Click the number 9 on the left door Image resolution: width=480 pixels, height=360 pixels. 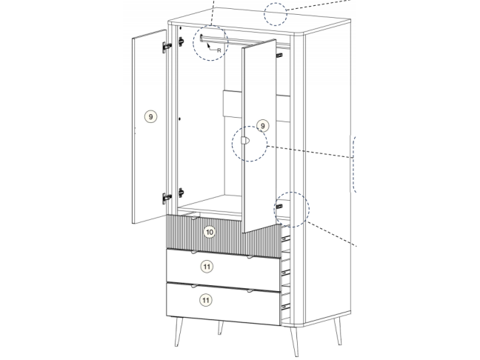coord(150,116)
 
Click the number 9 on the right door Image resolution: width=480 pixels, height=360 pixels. coord(263,126)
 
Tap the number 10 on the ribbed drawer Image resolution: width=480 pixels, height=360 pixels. coord(210,232)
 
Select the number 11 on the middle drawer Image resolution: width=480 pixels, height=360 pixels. coord(207,267)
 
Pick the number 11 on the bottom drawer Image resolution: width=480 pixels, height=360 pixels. coord(206,300)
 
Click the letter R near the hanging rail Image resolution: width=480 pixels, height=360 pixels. coord(219,50)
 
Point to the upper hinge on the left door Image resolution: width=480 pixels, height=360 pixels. coord(167,47)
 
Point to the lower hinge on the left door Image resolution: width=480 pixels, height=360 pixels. coord(167,198)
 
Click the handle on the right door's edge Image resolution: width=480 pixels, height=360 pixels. coord(245,141)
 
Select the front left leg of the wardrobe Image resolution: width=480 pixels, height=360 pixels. coord(179,332)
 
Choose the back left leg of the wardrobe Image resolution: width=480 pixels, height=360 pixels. coord(221,327)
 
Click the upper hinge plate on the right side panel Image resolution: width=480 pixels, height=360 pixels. coord(279,56)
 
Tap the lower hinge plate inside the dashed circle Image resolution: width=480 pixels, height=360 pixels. coord(279,207)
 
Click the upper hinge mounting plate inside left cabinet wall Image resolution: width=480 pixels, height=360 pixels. coord(181,41)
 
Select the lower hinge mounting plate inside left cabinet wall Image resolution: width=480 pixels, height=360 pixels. coord(181,193)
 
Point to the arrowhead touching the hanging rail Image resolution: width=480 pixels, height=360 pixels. coord(208,44)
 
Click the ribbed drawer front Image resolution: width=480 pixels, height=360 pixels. coord(224,236)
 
